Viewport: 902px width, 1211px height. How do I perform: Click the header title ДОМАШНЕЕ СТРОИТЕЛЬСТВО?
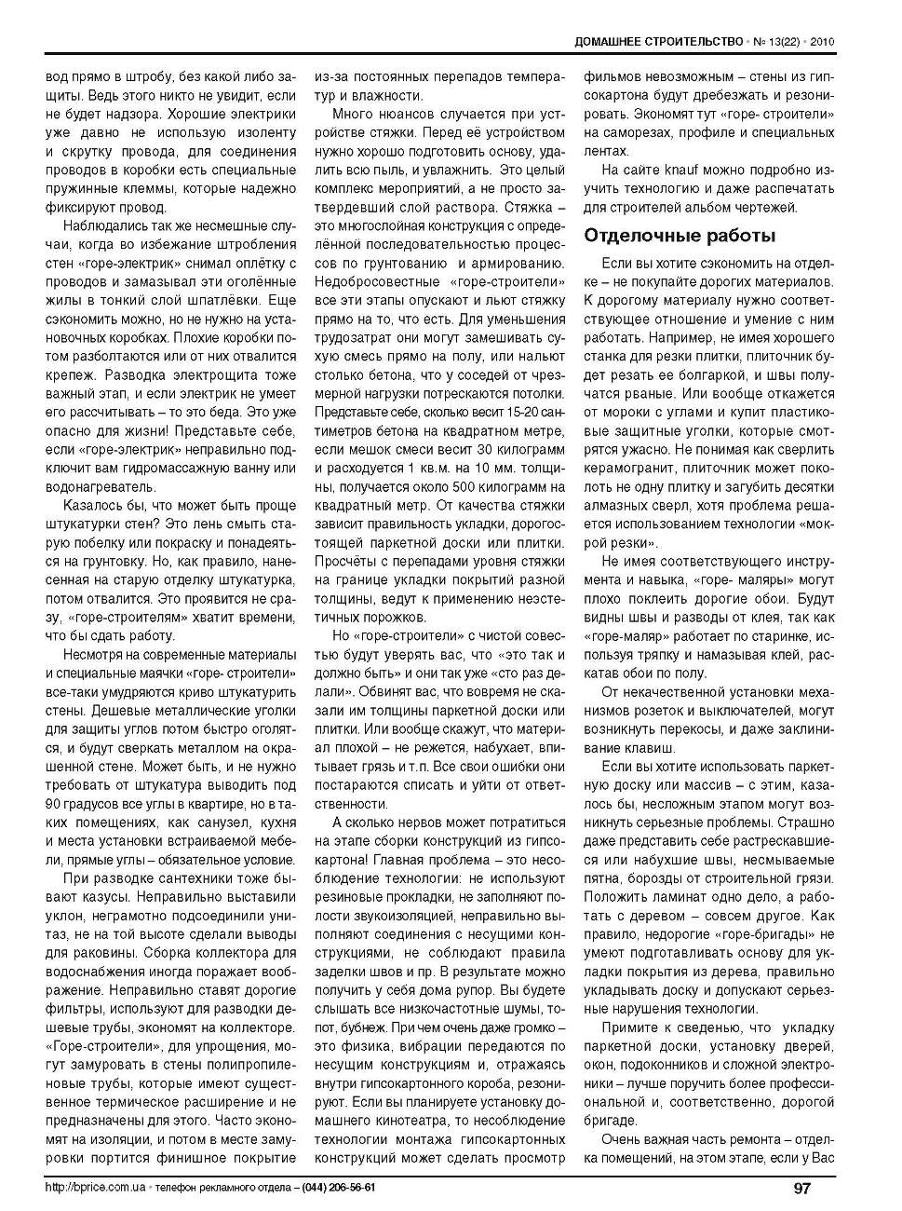(x=658, y=42)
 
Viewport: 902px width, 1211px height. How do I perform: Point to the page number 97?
(x=802, y=1188)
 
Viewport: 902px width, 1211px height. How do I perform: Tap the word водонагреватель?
(x=101, y=486)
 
